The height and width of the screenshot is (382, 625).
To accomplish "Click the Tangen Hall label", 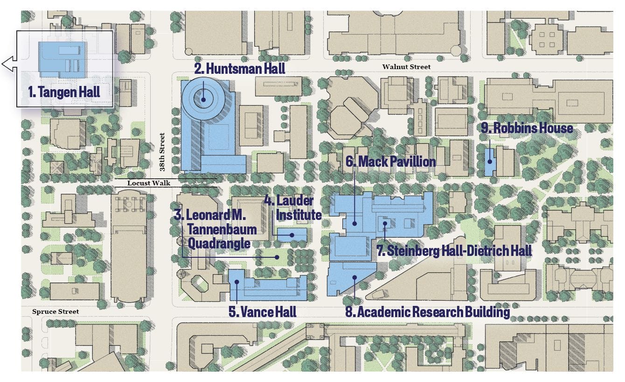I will tap(64, 92).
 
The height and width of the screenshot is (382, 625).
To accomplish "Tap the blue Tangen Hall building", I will tap(62, 59).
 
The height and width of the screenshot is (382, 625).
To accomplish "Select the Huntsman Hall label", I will tap(240, 69).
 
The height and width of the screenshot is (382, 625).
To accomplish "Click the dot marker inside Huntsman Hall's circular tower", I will tap(203, 99).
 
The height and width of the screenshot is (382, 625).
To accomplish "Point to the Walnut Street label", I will tap(406, 67).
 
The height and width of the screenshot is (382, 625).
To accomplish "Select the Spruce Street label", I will tap(56, 311).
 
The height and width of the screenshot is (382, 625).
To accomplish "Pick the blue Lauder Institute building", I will tap(292, 234).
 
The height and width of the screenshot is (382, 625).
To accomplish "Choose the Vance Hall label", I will tap(263, 311).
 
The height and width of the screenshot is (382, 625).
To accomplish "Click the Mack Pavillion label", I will tap(390, 162).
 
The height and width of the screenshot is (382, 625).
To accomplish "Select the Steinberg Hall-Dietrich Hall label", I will tap(454, 251).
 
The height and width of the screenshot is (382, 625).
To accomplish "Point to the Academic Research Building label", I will tap(427, 311).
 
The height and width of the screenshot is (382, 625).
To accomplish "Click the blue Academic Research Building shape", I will tap(351, 278).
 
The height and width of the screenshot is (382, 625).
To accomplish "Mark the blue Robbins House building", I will tap(489, 162).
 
